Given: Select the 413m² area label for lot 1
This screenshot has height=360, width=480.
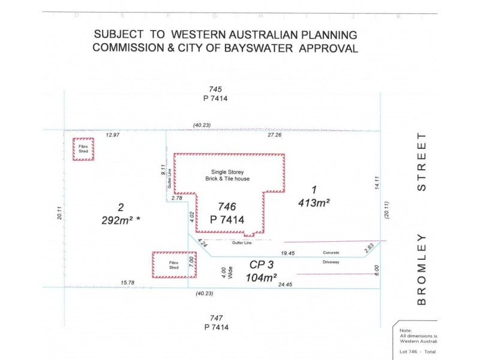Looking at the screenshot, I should click(x=314, y=203).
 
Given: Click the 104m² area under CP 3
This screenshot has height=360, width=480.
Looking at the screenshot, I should click(x=261, y=277).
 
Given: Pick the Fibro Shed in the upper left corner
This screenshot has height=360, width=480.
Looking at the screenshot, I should click(x=83, y=149).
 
